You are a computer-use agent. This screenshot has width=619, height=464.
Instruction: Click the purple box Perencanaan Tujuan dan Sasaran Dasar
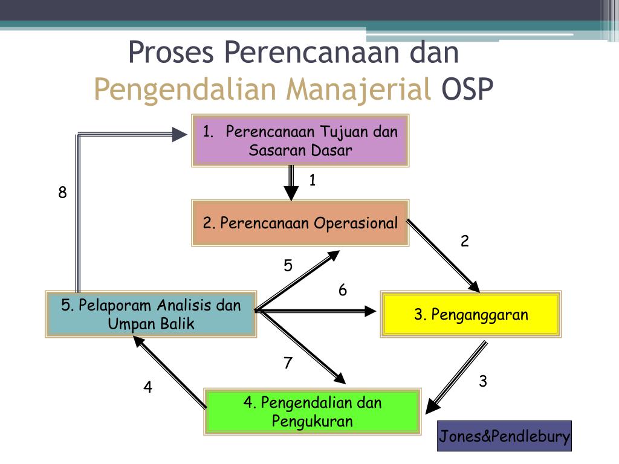(300, 140)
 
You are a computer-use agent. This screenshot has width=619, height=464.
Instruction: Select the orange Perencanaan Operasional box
(300, 223)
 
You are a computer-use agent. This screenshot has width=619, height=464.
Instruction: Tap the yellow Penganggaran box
(470, 314)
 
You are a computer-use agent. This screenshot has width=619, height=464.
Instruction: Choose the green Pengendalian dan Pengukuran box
(313, 411)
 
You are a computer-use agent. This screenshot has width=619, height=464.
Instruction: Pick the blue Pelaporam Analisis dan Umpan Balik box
(151, 314)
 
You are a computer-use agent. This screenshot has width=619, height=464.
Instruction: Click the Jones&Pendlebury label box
(504, 436)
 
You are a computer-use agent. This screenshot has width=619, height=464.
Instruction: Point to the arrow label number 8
(62, 193)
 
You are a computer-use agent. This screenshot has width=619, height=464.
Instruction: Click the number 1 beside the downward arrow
(313, 180)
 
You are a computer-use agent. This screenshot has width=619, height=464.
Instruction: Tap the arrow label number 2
(465, 241)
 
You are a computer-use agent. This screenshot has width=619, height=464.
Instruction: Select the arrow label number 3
(483, 381)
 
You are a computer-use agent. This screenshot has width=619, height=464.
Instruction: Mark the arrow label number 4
(147, 387)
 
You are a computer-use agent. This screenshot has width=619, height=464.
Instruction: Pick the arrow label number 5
(288, 265)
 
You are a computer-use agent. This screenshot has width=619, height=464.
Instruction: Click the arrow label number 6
(343, 290)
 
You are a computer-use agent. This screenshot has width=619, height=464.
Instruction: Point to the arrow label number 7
(288, 362)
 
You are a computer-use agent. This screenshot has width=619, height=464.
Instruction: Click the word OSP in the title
(467, 89)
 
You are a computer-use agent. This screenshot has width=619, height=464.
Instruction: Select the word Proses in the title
(171, 53)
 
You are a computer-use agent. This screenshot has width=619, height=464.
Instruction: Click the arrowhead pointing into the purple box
(180, 134)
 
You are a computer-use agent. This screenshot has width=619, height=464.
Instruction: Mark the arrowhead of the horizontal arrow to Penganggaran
(371, 311)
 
